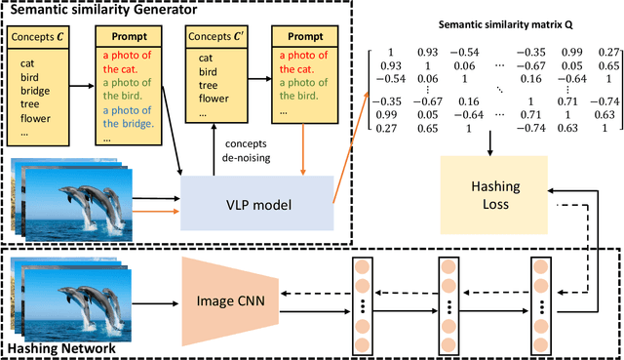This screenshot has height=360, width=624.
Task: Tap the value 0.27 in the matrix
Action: [x=388, y=127]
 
